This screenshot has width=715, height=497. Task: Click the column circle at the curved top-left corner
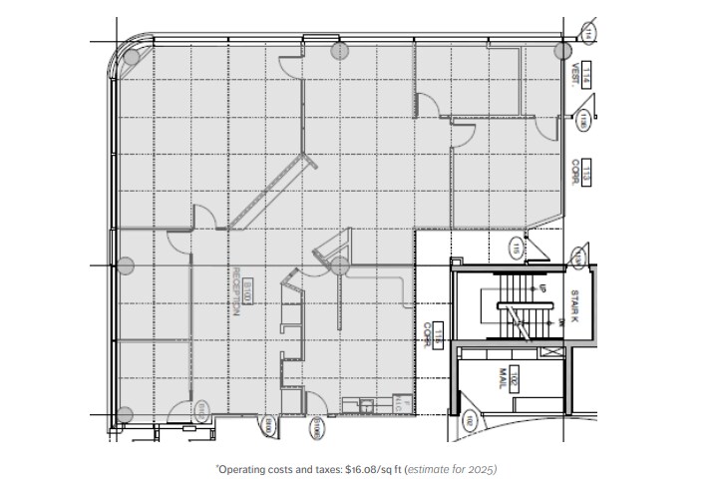(x=131, y=56)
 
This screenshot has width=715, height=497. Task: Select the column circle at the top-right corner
(x=562, y=49)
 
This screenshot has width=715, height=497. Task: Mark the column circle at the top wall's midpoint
(x=339, y=50)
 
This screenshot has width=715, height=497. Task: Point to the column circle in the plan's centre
(x=339, y=264)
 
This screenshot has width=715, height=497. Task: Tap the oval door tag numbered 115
(x=517, y=246)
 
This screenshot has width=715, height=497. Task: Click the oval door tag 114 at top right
(x=589, y=34)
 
